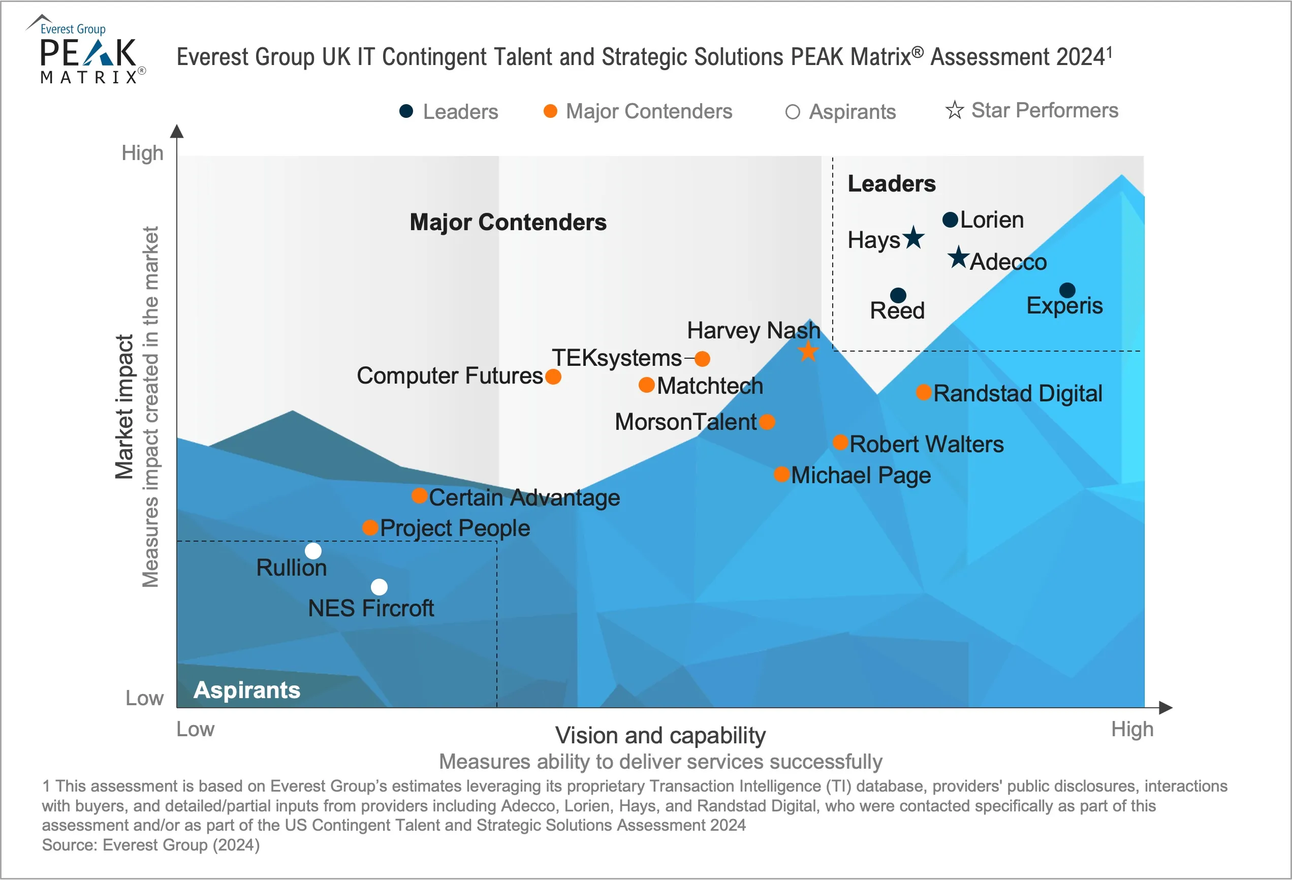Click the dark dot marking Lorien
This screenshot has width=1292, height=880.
point(950,219)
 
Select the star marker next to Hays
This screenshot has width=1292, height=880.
point(913,238)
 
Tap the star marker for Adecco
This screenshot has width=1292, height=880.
point(958,258)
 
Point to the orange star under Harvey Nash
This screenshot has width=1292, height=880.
point(808,351)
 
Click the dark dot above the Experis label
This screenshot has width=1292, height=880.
point(1067,290)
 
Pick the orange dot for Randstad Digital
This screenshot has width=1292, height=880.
point(924,392)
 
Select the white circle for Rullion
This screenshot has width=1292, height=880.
point(313,551)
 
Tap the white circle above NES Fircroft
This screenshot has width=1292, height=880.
point(379,587)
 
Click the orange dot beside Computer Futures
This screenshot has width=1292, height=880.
point(553,377)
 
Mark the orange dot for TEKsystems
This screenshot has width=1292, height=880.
point(702,359)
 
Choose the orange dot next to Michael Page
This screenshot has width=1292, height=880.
point(781,474)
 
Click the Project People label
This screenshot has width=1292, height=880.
point(455,528)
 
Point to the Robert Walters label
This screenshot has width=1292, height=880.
point(926,444)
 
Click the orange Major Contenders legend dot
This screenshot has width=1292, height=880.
point(550,111)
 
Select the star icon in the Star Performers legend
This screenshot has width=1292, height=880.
point(954,110)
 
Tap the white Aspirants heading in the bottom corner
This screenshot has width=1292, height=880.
point(247,690)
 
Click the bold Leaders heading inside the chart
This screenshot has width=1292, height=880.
point(891,184)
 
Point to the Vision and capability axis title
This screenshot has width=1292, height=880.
point(660,736)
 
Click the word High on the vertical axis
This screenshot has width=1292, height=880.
point(142,153)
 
